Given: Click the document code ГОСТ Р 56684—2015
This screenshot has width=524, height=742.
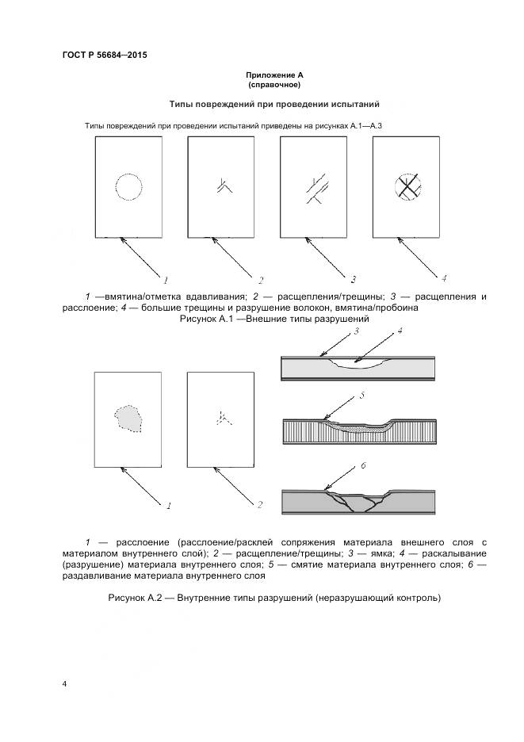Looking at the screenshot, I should (x=104, y=55).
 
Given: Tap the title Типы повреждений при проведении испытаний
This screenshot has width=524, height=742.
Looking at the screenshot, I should (x=275, y=104).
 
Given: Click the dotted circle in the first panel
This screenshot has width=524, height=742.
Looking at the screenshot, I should (x=129, y=188).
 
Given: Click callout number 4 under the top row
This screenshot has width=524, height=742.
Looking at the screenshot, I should (x=444, y=278).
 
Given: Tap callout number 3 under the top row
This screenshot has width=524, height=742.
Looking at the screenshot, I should (x=353, y=279).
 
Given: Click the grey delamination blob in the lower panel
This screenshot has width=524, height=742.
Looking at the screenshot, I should (x=128, y=417).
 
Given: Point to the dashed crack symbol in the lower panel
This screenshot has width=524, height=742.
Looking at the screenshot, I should (x=222, y=418).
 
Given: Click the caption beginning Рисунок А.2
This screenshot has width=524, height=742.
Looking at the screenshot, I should (x=273, y=597).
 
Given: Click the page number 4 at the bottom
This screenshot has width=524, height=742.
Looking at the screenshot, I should (x=63, y=683).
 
